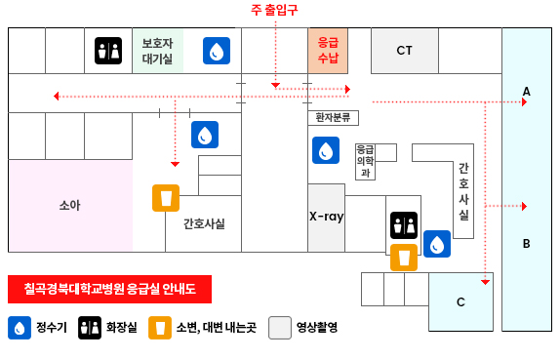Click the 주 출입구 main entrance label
[x=274, y=10]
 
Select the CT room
[x=404, y=50]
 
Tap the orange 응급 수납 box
[x=328, y=50]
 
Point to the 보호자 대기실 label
[x=157, y=51]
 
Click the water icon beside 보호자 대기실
[x=217, y=51]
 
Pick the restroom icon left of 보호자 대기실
[x=108, y=51]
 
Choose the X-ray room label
[x=326, y=217]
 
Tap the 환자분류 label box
[x=333, y=118]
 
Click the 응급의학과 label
[x=365, y=162]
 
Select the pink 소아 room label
[x=69, y=205]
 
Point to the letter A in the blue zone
[x=526, y=92]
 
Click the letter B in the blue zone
[x=526, y=244]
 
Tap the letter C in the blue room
[x=460, y=301]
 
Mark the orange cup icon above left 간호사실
[x=166, y=198]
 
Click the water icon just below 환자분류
[x=326, y=150]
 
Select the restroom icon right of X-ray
[x=403, y=225]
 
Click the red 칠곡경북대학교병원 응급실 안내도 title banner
[x=109, y=289]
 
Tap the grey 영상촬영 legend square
[x=280, y=328]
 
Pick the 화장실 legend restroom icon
[x=90, y=328]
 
